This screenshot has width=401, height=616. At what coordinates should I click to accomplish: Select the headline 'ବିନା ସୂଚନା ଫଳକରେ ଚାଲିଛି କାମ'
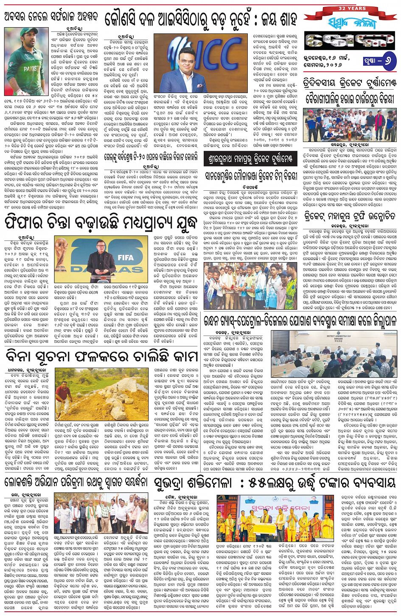pyautogui.click(x=102, y=356)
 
